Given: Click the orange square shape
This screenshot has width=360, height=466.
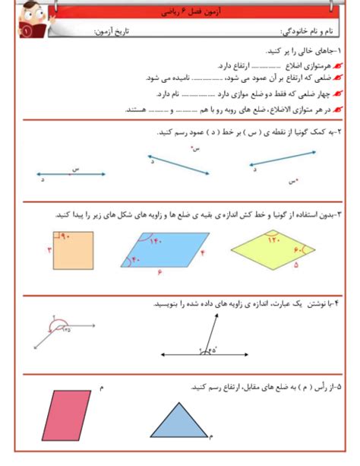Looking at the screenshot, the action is [74, 252].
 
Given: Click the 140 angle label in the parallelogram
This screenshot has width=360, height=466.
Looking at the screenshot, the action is [157, 241].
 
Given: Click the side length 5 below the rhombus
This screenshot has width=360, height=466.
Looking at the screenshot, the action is [295, 267].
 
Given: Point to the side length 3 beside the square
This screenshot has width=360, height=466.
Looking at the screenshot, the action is [48, 250].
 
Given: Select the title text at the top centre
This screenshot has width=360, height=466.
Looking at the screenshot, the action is [180, 13].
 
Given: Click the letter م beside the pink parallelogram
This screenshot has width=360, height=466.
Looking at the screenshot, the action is [101, 388].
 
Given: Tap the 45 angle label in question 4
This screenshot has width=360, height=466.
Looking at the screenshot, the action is [67, 329].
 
